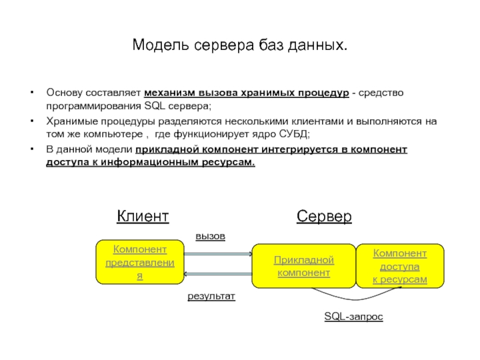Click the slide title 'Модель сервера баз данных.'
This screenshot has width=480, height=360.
[239, 46]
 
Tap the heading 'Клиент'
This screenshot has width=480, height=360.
[142, 216]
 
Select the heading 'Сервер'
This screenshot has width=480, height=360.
[324, 216]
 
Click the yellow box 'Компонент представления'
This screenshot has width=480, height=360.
[140, 263]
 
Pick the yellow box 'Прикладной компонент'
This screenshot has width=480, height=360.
[304, 266]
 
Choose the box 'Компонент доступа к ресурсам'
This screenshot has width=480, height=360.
[400, 266]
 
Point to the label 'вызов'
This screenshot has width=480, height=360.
[210, 236]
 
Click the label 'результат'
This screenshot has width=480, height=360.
[211, 296]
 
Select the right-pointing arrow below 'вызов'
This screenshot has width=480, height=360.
[217, 254]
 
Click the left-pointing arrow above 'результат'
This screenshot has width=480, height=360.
[217, 274]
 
